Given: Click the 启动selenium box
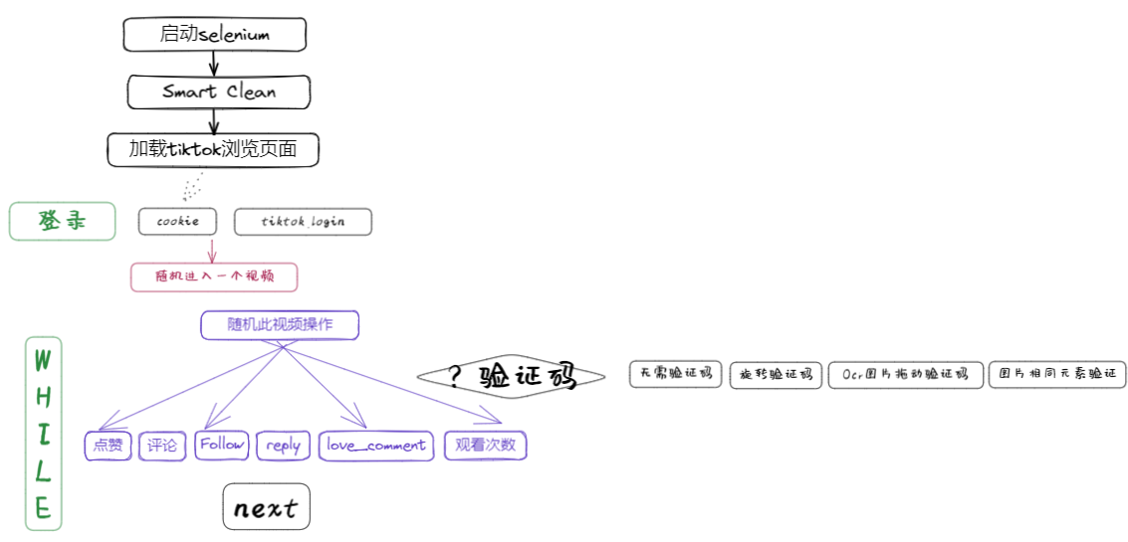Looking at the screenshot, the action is click(x=214, y=35).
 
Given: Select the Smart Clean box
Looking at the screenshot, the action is click(x=219, y=91).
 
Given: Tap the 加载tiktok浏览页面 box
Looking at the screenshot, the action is click(x=213, y=150).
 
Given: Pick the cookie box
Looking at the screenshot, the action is click(x=177, y=222).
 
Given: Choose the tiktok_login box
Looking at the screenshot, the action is click(x=303, y=222).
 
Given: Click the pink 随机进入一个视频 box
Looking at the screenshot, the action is click(x=214, y=276).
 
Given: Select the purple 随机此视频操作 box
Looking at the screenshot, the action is click(x=280, y=325).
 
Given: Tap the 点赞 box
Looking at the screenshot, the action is click(x=108, y=446).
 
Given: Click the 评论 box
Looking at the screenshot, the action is click(x=161, y=446).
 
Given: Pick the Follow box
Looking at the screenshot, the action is click(x=221, y=445).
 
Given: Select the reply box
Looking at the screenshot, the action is click(x=284, y=446).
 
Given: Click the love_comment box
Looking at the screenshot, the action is click(x=376, y=446).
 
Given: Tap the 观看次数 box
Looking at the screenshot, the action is click(x=485, y=446).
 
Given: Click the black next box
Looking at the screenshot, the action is click(x=266, y=508).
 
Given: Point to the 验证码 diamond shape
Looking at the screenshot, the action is click(x=511, y=376).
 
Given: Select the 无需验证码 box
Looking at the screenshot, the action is click(x=676, y=374).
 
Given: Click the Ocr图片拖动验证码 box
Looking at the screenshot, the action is click(x=905, y=375).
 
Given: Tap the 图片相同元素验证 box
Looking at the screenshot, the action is click(x=1057, y=375).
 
